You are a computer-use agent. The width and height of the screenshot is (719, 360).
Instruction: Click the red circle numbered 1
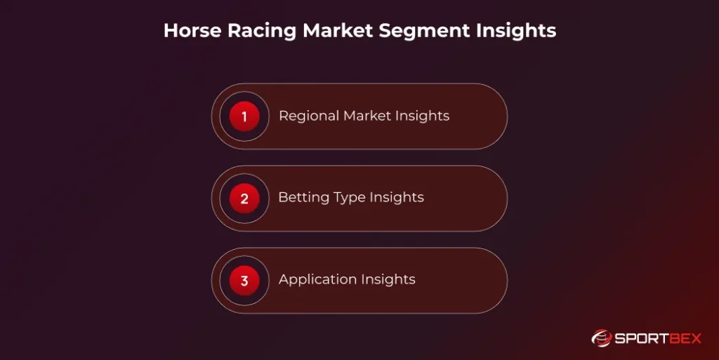click(x=244, y=116)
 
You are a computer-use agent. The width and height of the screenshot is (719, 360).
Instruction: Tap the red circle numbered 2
click(x=244, y=199)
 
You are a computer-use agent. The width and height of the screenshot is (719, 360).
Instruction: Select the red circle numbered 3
click(x=244, y=281)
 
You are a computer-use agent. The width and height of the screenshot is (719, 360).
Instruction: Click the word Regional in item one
click(x=308, y=116)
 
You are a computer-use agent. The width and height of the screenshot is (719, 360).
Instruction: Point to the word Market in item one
click(x=367, y=116)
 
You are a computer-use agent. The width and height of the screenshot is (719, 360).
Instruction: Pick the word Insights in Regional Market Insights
click(x=423, y=116)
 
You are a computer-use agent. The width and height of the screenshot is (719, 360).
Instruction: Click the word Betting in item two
click(x=301, y=198)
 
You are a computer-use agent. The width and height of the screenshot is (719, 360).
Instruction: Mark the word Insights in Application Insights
click(x=387, y=279)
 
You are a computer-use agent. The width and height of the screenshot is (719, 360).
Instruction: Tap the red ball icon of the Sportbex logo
click(x=602, y=338)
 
